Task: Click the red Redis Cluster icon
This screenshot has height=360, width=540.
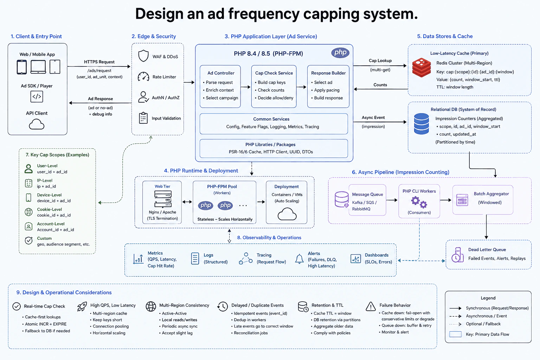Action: coord(422,67)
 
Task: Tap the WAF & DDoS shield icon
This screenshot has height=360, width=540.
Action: coord(143,56)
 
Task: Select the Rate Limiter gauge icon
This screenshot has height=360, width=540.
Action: coord(143,77)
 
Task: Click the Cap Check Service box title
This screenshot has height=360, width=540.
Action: coord(274,73)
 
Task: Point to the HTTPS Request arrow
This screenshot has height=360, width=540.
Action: coord(99,66)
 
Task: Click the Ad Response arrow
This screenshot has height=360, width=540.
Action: coord(100,103)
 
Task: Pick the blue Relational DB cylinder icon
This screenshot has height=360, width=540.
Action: coord(422,124)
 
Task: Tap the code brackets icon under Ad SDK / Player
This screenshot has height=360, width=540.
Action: coord(37,97)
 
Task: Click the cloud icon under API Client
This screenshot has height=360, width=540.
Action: coord(37,125)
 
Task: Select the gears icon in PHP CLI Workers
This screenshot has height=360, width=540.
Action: coord(419,202)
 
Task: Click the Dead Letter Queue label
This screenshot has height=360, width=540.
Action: coord(487,250)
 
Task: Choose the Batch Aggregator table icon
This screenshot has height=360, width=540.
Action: coord(462,200)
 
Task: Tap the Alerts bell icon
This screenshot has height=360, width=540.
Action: coord(299,259)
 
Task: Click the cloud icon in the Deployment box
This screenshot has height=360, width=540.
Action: coord(287,214)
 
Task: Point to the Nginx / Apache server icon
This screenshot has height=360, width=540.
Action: coord(163,199)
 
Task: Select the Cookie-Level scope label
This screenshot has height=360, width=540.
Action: coord(50,209)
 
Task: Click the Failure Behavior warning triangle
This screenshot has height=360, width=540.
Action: coord(371,307)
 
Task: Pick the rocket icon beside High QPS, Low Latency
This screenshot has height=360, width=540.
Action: coord(82,307)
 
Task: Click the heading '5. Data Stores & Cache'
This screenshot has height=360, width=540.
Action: coord(445,36)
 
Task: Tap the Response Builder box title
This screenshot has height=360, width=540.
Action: coord(328,73)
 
